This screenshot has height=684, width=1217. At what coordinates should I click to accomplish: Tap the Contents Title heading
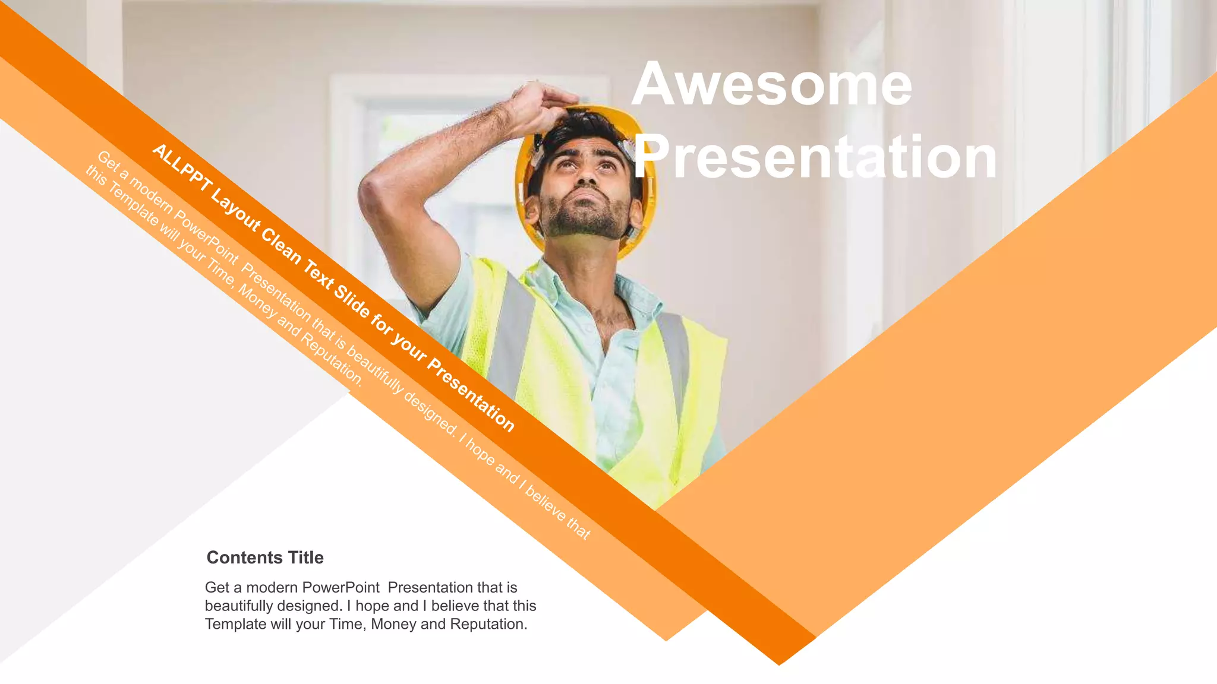click(265, 558)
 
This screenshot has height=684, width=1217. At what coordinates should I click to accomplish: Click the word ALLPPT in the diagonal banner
click(181, 169)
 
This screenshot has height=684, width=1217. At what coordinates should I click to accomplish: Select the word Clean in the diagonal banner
click(281, 246)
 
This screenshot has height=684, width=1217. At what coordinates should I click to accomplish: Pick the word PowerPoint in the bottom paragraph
click(341, 587)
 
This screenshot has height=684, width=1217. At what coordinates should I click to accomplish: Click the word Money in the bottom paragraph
click(393, 624)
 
